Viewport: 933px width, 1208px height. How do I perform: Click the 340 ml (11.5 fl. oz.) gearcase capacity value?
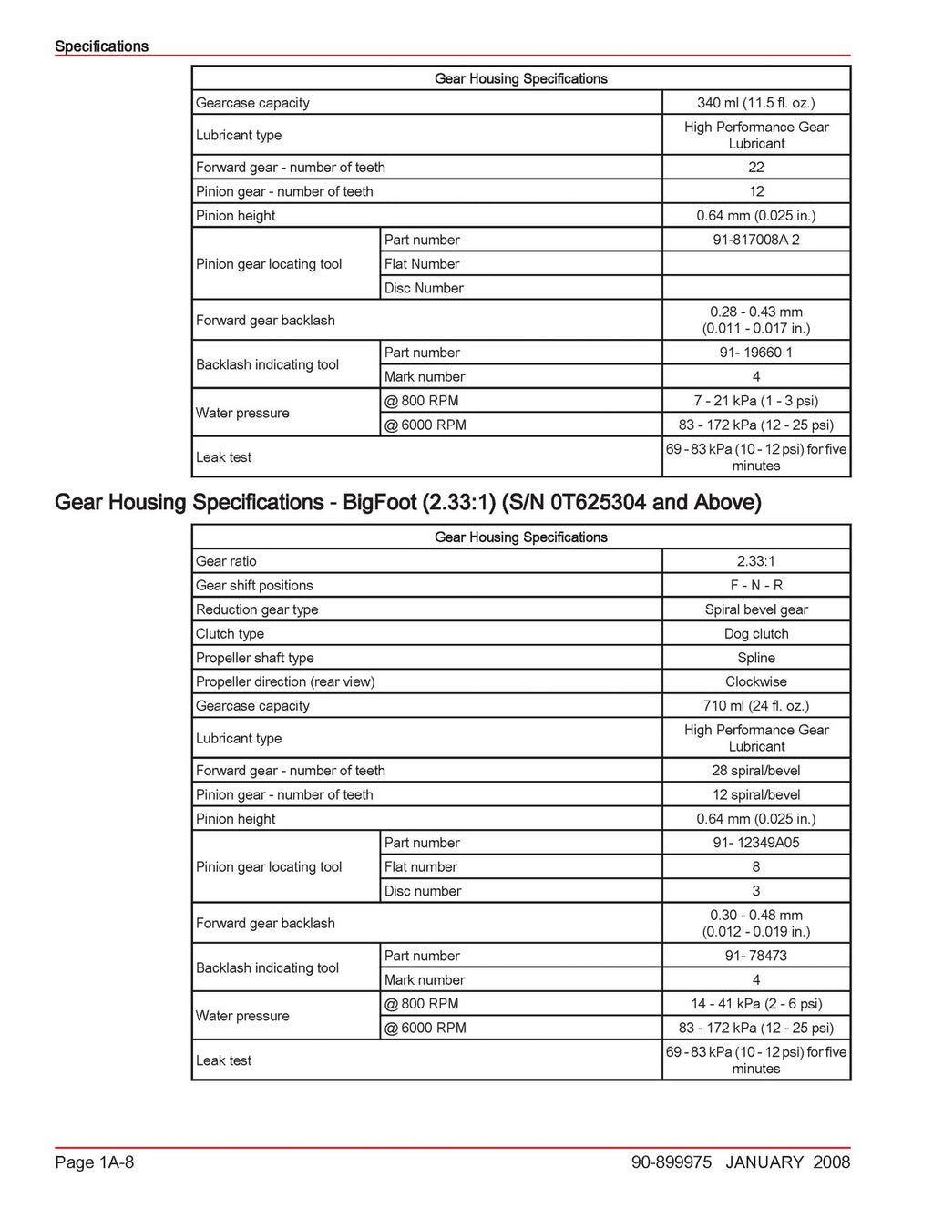tap(755, 103)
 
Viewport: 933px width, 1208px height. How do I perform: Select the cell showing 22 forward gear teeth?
tap(755, 168)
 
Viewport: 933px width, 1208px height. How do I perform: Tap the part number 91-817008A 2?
tap(755, 240)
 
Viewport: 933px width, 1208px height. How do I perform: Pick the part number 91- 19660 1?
tap(755, 353)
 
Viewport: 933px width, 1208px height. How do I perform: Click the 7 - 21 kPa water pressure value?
tap(755, 401)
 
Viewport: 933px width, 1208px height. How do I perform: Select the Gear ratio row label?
tap(227, 561)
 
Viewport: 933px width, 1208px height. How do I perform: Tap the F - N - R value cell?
tap(755, 586)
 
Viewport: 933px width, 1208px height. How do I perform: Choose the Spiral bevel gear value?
tap(755, 609)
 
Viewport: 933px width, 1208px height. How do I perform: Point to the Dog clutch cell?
tap(755, 634)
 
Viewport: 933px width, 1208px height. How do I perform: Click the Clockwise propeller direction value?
tap(755, 681)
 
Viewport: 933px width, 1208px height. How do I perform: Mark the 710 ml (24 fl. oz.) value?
tap(755, 706)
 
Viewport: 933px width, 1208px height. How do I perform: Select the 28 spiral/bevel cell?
tap(755, 771)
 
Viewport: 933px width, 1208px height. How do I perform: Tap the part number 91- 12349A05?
tap(755, 843)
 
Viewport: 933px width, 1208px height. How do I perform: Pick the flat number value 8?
tap(755, 867)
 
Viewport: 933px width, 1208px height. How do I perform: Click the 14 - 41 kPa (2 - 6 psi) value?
tap(755, 1004)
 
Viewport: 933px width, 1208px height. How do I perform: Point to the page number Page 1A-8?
tap(95, 1162)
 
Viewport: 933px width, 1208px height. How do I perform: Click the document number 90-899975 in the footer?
tap(671, 1162)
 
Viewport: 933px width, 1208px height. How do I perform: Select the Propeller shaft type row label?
tap(255, 658)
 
